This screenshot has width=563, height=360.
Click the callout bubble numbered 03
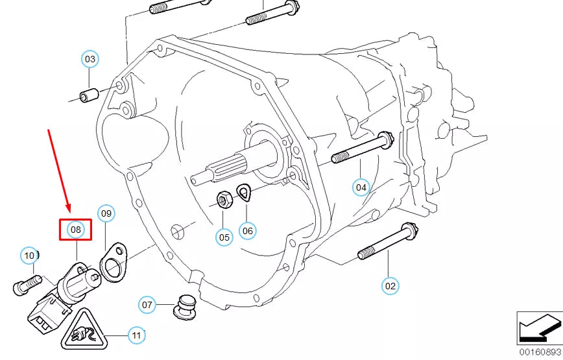[x=90, y=59]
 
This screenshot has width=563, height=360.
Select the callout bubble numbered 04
[x=361, y=188]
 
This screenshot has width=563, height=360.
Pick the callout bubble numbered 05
[x=224, y=237]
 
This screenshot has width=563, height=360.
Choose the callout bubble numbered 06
[x=247, y=230]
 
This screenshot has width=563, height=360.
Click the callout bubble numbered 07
[x=147, y=305]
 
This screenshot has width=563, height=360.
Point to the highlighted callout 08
[x=76, y=229]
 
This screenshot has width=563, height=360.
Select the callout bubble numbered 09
[x=106, y=213]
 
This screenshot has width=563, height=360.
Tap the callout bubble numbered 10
[x=29, y=256]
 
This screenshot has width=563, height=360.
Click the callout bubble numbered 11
[x=136, y=335]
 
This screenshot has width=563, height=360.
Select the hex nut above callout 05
[x=222, y=198]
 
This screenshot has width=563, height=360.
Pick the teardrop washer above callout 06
[x=244, y=191]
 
